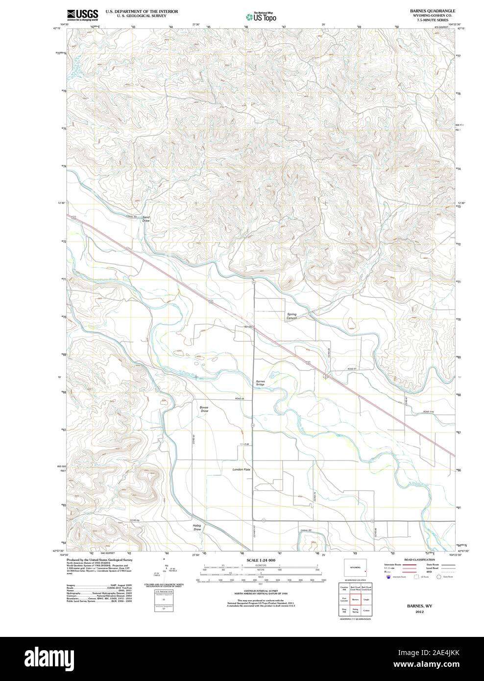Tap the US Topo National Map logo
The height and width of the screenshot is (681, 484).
tap(261, 16)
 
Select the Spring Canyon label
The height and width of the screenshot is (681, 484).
tap(292, 316)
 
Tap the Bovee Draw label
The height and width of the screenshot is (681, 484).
tap(204, 409)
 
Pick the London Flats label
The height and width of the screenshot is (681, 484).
tap(241, 469)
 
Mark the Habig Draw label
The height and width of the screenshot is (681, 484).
tap(197, 527)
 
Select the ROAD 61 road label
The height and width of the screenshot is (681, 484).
tap(354, 368)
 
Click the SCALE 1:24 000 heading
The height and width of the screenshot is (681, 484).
tap(261, 560)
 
